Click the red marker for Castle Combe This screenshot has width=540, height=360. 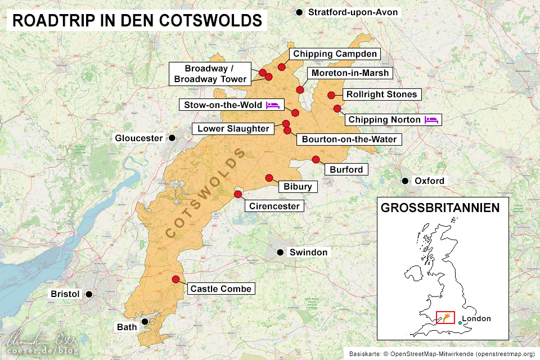click(x=175, y=280)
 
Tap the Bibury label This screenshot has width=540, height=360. click(x=297, y=186)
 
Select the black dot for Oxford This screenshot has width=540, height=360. click(x=405, y=181)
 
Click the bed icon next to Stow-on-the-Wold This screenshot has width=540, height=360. click(x=273, y=105)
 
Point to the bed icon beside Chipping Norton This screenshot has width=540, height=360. click(x=431, y=119)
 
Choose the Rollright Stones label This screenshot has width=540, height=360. click(x=381, y=94)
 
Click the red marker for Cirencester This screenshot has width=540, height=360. click(x=237, y=195)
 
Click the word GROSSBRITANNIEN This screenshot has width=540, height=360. click(x=440, y=208)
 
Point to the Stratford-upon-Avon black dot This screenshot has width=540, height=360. click(x=299, y=12)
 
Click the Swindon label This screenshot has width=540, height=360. click(x=308, y=253)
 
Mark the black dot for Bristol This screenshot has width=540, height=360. click(x=88, y=294)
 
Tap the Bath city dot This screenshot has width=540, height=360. click(x=145, y=322)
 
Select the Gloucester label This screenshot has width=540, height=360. click(x=138, y=138)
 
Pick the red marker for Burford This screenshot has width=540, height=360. click(x=316, y=159)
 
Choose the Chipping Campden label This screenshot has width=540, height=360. click(x=334, y=54)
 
